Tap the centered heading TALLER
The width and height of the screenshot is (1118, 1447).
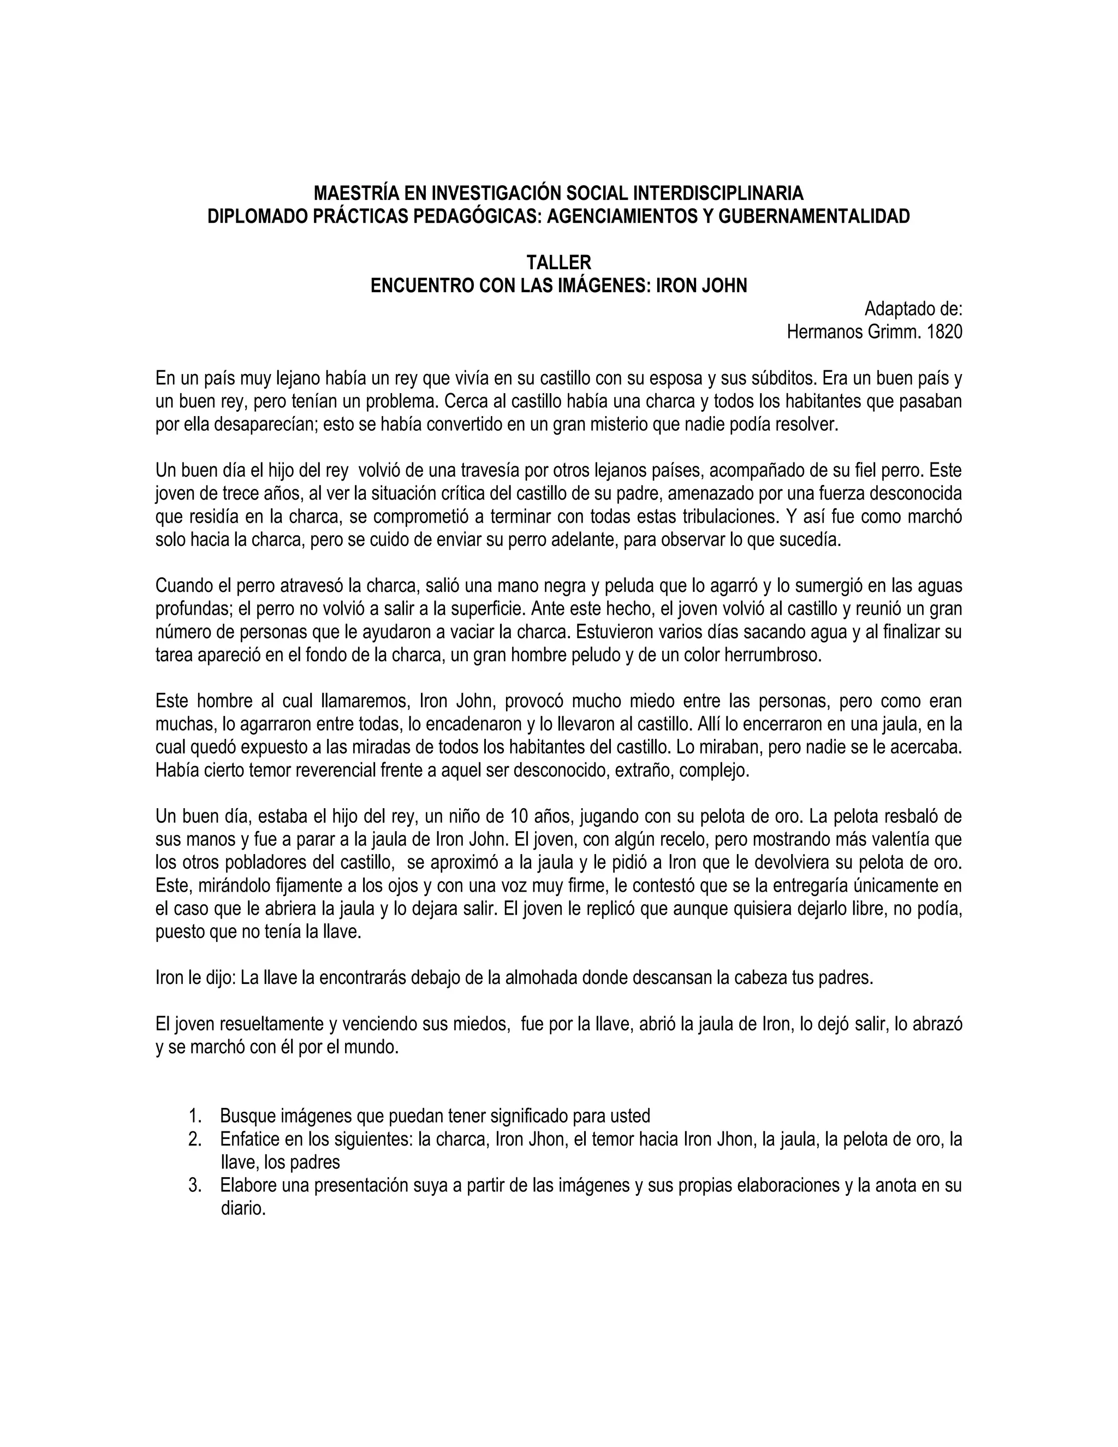(x=558, y=263)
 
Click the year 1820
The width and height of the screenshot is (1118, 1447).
(x=944, y=332)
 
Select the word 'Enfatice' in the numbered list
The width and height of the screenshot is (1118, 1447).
(x=248, y=1140)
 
